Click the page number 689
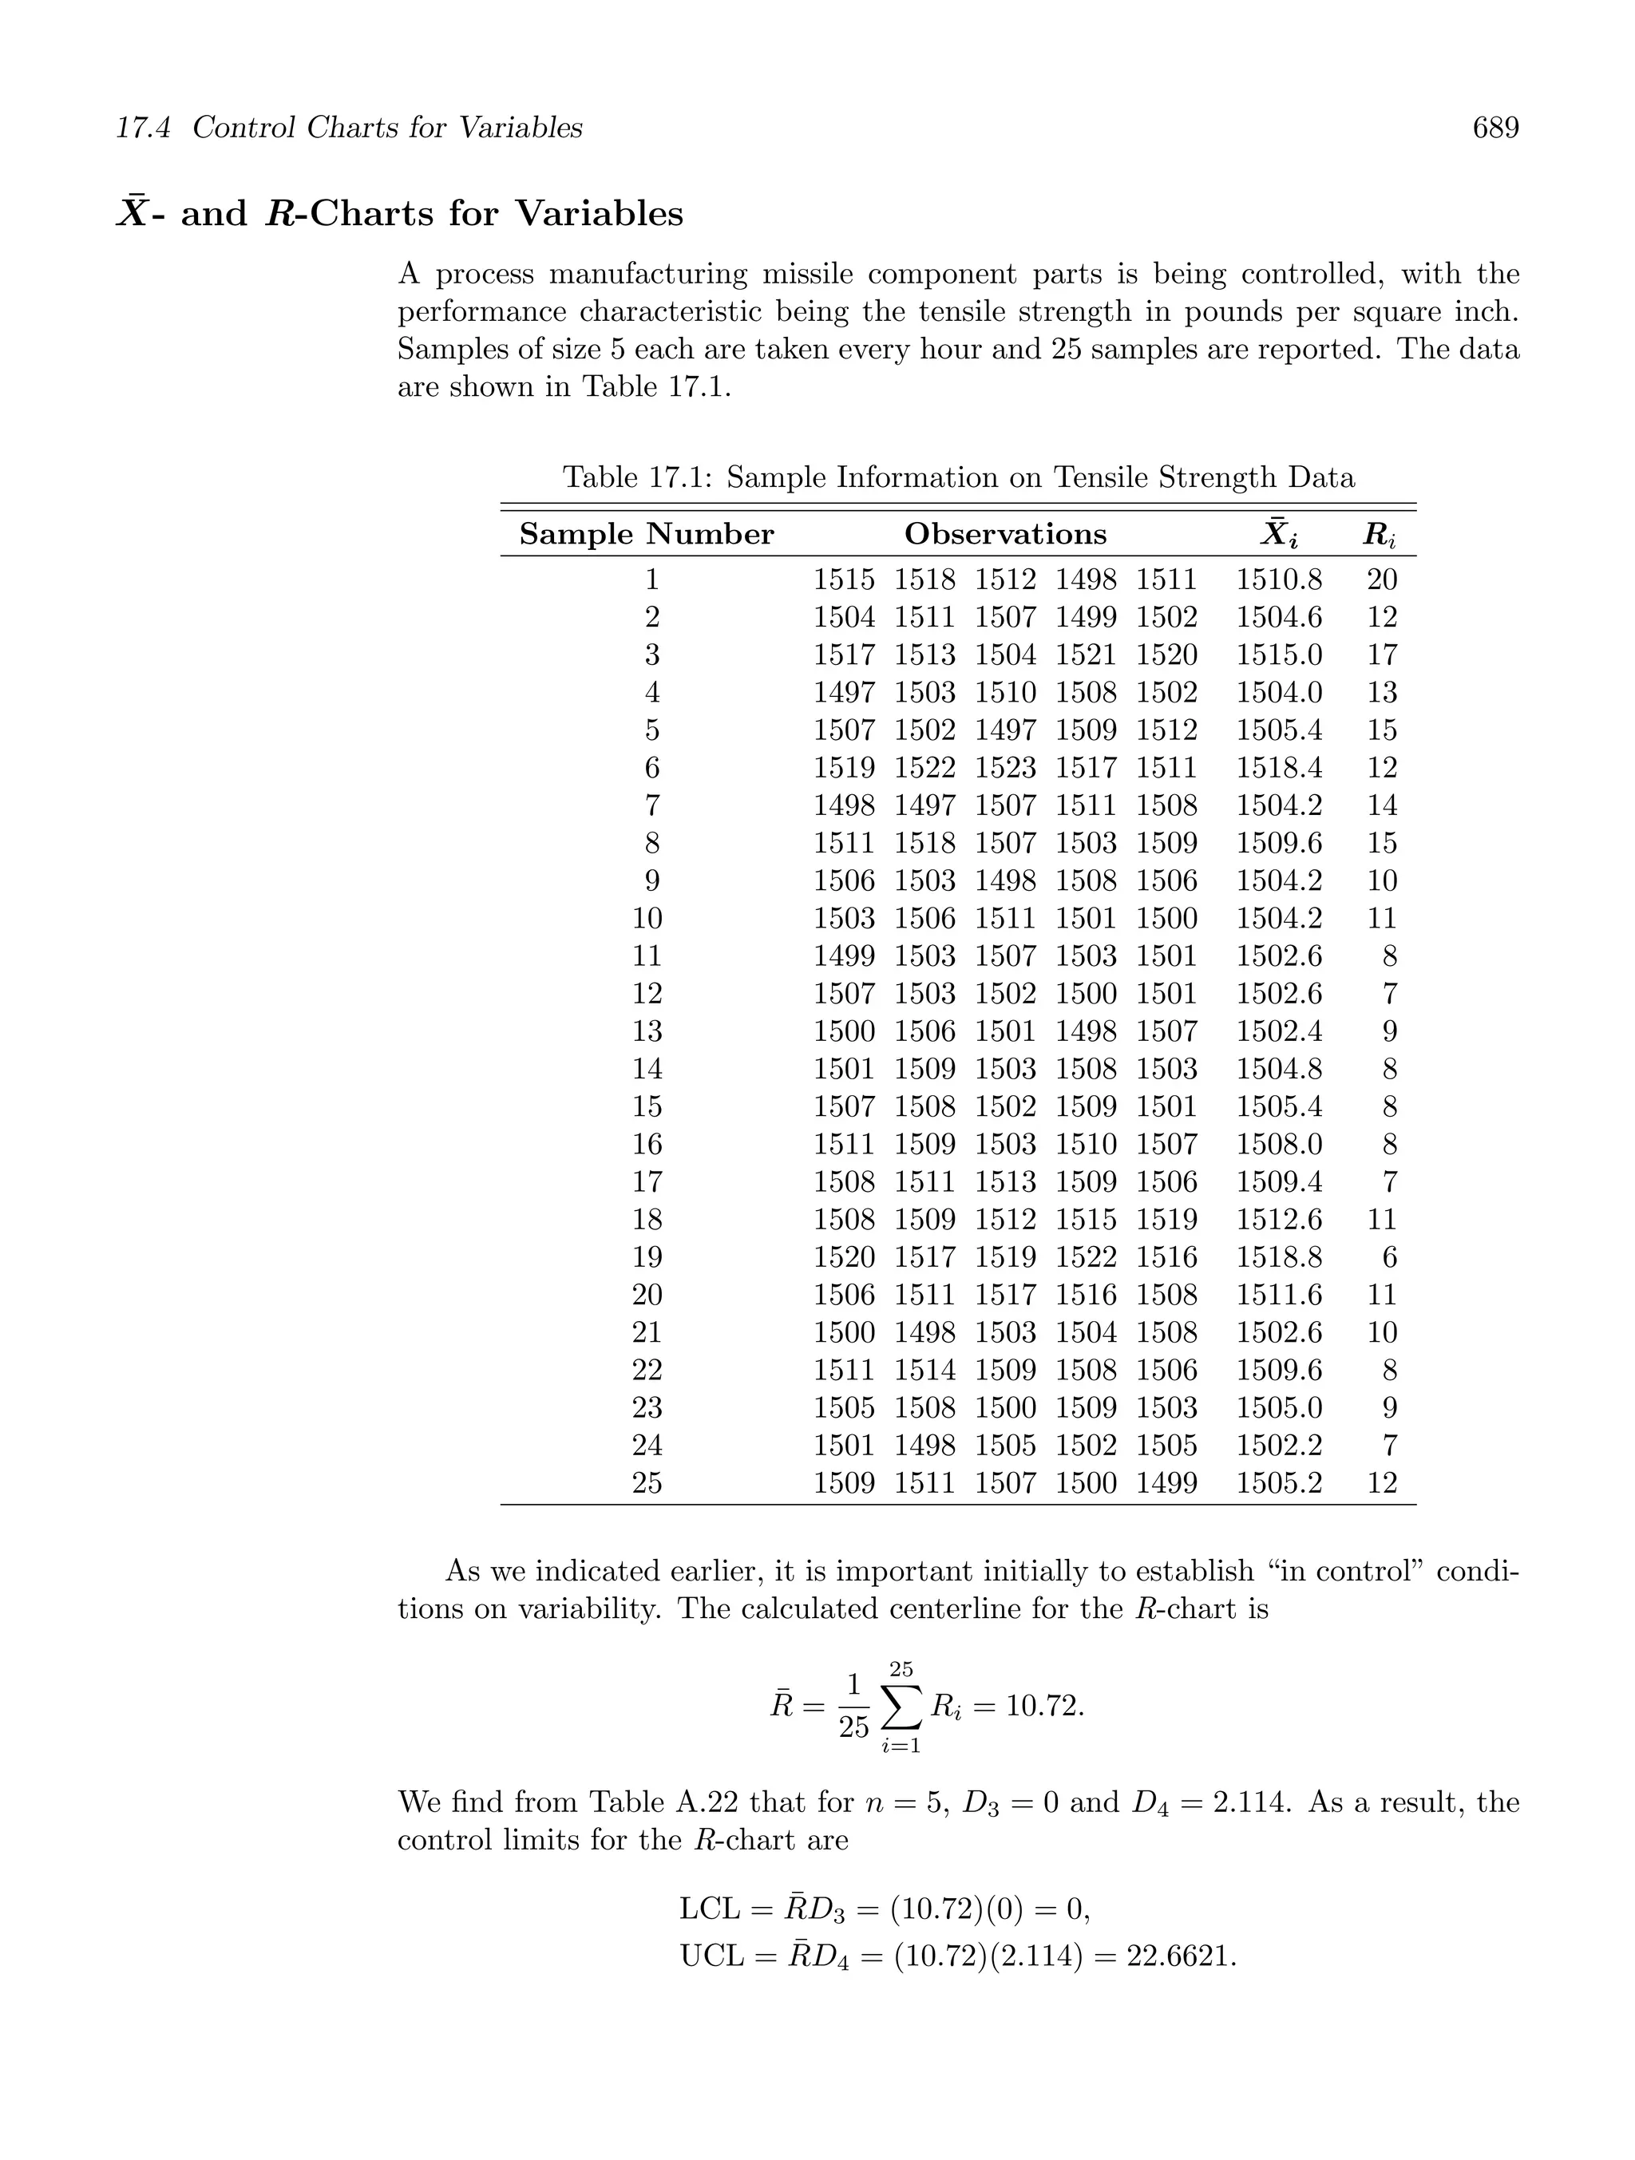[1494, 128]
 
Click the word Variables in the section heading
[599, 213]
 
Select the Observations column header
[1005, 534]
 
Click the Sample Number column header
[646, 534]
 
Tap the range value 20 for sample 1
[1381, 580]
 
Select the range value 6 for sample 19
[1389, 1256]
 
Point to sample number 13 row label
[647, 1031]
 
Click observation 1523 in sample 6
[1005, 768]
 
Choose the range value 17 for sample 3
[1381, 655]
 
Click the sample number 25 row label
[647, 1482]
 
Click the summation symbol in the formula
[901, 1707]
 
